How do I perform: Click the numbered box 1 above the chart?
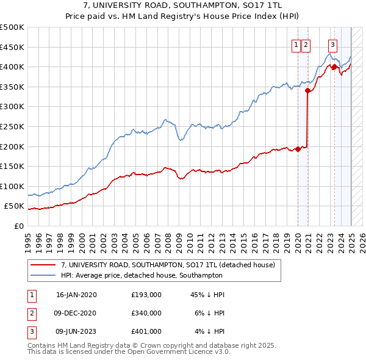296,44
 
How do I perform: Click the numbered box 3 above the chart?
332,44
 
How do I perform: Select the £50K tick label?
14,206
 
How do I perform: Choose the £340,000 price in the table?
146,313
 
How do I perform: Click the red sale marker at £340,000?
308,91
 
